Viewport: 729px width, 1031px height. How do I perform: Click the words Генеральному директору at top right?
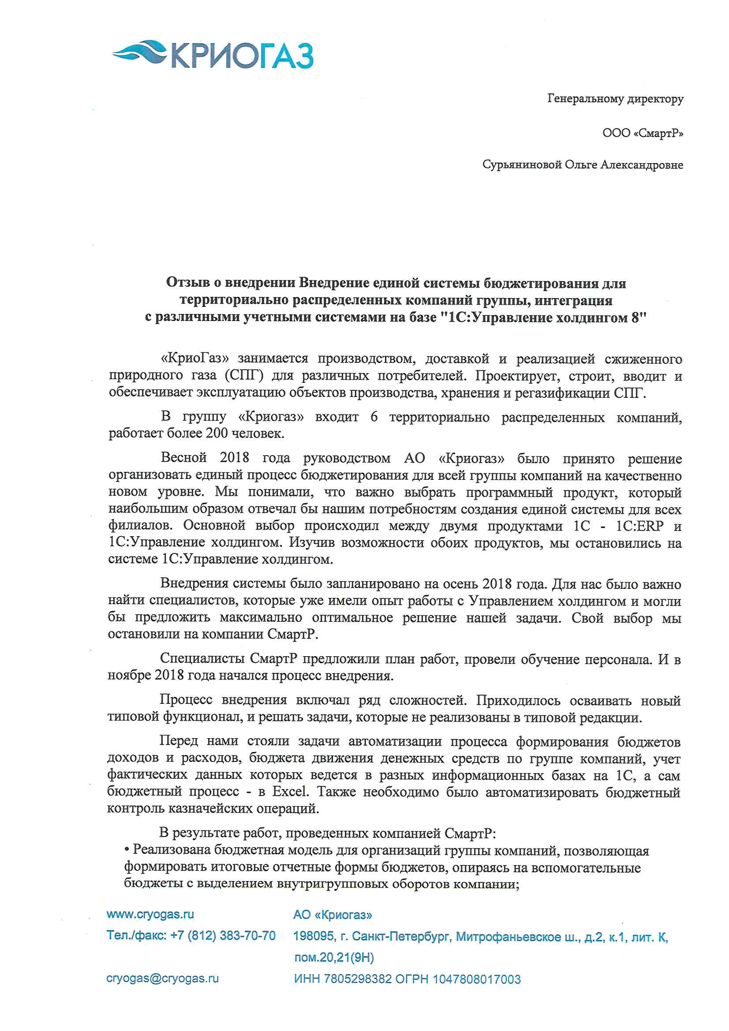(x=615, y=99)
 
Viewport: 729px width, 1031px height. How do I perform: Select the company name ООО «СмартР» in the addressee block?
(x=643, y=133)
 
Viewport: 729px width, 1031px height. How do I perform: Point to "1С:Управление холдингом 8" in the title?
(x=543, y=318)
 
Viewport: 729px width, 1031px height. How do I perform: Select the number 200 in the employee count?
(x=217, y=433)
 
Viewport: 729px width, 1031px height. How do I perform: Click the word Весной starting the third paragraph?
(x=184, y=458)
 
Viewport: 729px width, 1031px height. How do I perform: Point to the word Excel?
(x=291, y=791)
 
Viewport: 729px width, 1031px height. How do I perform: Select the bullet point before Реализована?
(x=127, y=850)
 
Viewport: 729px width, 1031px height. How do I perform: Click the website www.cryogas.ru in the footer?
(x=150, y=914)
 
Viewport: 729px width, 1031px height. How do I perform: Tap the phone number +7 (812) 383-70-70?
(x=223, y=935)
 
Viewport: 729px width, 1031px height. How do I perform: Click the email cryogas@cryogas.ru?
(x=162, y=978)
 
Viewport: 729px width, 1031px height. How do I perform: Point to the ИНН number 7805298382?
(x=358, y=979)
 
